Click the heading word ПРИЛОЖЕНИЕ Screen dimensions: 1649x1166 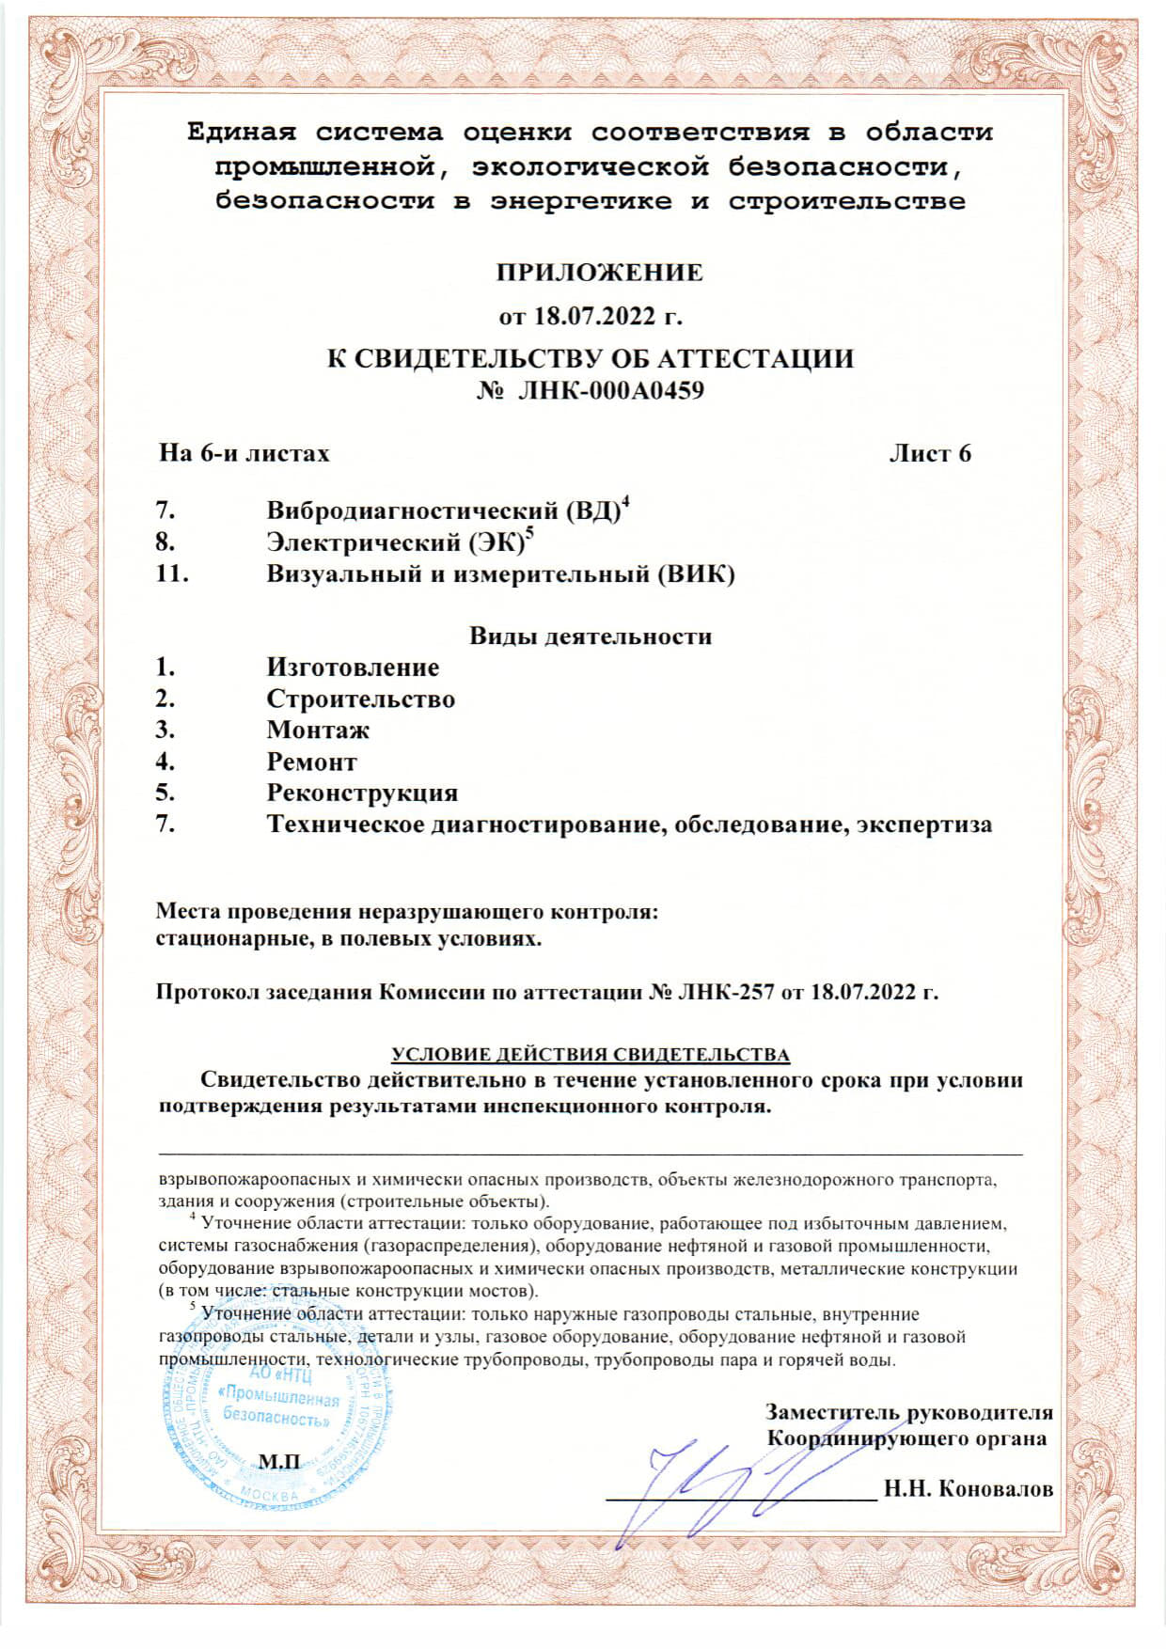599,273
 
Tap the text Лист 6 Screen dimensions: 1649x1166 930,454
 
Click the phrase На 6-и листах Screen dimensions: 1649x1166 244,454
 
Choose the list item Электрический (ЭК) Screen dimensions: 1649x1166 396,542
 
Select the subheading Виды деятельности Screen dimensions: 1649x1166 591,636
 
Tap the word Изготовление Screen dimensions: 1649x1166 353,667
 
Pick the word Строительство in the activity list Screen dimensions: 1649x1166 360,699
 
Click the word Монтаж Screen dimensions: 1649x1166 318,730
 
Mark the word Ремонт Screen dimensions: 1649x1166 311,762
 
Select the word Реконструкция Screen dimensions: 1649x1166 362,793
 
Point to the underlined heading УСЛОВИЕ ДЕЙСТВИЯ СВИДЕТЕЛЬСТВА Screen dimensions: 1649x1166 591,1055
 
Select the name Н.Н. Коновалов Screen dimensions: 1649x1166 969,1489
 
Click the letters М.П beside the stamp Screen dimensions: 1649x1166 279,1462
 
